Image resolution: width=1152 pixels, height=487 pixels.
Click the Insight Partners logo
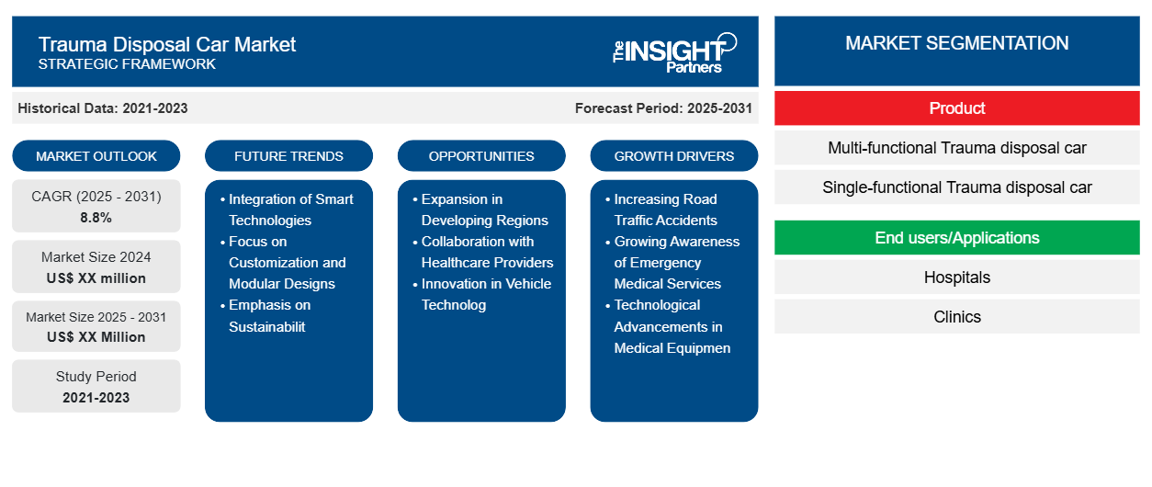click(674, 52)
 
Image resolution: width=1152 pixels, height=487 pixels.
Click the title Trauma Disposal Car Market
click(166, 45)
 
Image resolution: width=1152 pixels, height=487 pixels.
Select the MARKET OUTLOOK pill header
click(96, 156)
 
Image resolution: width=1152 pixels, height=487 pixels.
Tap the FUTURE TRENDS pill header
click(288, 156)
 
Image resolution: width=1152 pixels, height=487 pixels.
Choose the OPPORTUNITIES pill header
click(481, 156)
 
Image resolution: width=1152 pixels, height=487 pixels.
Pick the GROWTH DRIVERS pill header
click(673, 156)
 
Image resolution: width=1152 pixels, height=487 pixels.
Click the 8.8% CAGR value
click(96, 218)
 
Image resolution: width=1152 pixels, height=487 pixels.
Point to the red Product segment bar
click(957, 108)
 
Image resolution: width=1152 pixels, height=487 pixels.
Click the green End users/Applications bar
click(957, 238)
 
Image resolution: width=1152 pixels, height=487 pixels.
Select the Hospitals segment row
click(957, 277)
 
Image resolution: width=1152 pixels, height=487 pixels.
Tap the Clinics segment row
click(957, 317)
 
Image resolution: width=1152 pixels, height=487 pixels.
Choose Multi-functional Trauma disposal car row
click(957, 148)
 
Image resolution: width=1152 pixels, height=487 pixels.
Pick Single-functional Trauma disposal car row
click(957, 187)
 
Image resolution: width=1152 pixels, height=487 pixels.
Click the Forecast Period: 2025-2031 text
click(663, 108)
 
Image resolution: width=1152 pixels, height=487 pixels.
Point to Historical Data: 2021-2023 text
click(103, 108)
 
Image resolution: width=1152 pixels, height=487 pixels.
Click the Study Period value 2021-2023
click(96, 398)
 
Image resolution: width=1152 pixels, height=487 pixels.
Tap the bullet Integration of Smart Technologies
click(287, 210)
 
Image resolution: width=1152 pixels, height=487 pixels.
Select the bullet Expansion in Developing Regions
click(480, 210)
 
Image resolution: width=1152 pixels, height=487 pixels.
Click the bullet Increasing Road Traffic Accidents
click(661, 210)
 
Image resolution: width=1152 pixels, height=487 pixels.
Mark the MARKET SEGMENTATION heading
click(957, 43)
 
